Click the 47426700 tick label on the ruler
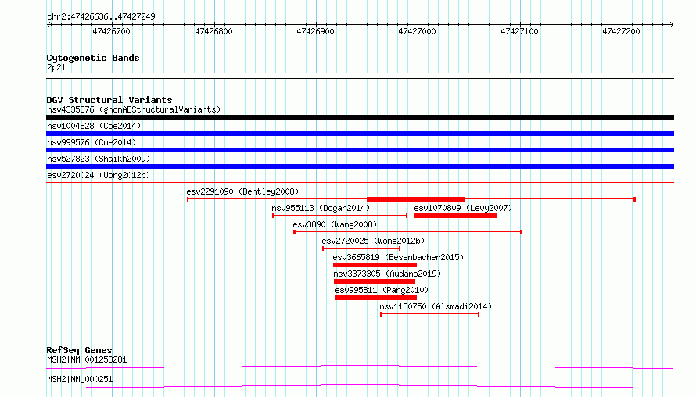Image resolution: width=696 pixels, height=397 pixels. pyautogui.click(x=111, y=31)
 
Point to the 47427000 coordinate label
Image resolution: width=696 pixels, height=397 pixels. pyautogui.click(x=418, y=31)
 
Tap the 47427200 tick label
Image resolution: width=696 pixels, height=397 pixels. pyautogui.click(x=621, y=31)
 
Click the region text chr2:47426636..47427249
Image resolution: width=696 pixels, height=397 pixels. pyautogui.click(x=101, y=17)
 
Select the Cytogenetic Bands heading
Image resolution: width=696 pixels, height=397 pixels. pyautogui.click(x=93, y=58)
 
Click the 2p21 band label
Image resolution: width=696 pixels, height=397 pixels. pyautogui.click(x=56, y=67)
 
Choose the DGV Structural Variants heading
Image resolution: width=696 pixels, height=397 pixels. pyautogui.click(x=109, y=100)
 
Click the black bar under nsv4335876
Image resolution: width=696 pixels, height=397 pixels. pyautogui.click(x=360, y=117)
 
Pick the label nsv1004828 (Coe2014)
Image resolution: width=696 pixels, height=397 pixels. pyautogui.click(x=94, y=126)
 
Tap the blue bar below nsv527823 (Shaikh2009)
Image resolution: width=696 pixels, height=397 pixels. pyautogui.click(x=360, y=166)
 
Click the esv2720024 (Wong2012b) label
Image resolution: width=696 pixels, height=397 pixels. pyautogui.click(x=99, y=175)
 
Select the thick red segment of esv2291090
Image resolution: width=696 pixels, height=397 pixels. pyautogui.click(x=415, y=199)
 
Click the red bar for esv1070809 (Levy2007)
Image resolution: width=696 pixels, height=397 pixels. pyautogui.click(x=456, y=216)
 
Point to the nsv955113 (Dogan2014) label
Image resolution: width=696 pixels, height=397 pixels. pyautogui.click(x=321, y=208)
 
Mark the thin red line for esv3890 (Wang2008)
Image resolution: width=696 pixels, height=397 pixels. pyautogui.click(x=407, y=232)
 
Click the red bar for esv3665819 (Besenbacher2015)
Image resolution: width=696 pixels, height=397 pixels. pyautogui.click(x=375, y=265)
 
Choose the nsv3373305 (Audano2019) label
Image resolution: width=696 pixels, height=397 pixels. pyautogui.click(x=387, y=274)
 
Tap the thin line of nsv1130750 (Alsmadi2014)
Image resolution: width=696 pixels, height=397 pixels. pyautogui.click(x=429, y=314)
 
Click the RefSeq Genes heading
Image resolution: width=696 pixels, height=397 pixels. pyautogui.click(x=80, y=350)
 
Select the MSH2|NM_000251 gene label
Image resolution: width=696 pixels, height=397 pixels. pyautogui.click(x=80, y=379)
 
